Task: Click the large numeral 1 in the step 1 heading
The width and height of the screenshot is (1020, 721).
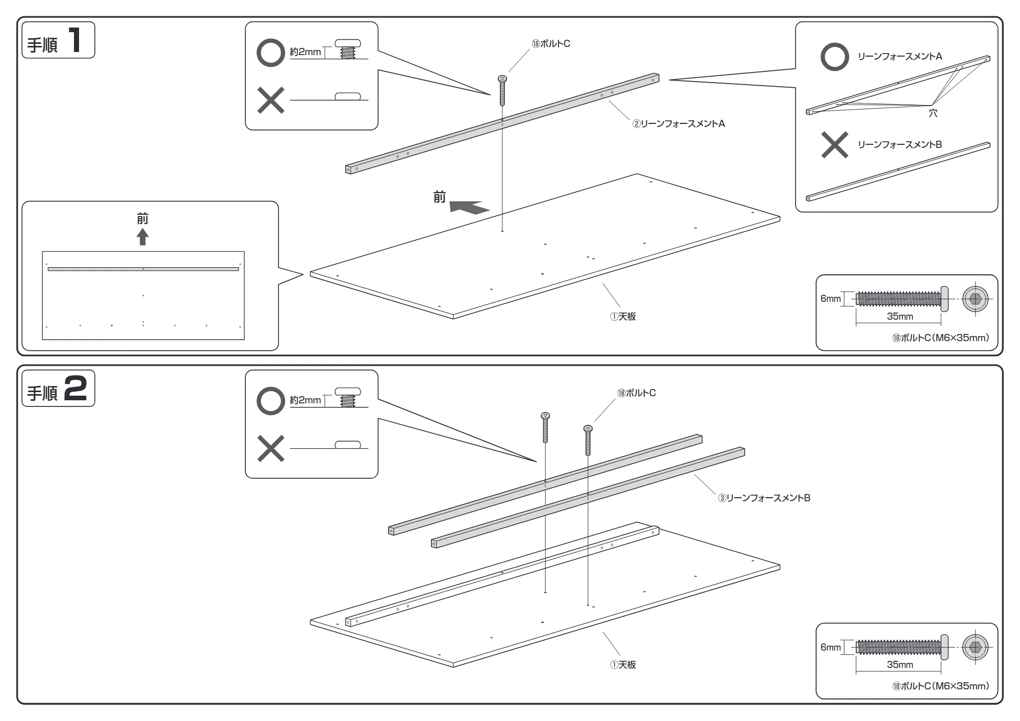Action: click(75, 40)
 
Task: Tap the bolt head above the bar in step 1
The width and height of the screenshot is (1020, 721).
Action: click(502, 79)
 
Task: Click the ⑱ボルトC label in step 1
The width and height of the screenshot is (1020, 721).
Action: click(551, 44)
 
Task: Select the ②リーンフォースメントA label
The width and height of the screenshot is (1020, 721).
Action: click(679, 124)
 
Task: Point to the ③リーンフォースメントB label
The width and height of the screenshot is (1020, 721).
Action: click(764, 498)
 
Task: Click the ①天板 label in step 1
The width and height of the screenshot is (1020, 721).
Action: click(623, 317)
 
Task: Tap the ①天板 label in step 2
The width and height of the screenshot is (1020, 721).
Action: click(623, 665)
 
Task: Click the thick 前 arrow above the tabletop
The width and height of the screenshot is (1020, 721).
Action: click(469, 207)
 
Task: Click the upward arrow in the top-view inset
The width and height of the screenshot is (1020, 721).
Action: click(143, 237)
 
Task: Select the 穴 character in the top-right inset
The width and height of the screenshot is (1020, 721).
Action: click(933, 113)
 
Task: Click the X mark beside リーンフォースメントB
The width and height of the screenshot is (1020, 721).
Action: click(834, 145)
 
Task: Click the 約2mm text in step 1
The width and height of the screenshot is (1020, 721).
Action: click(305, 52)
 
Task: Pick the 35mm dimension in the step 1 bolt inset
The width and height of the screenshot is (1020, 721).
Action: click(900, 317)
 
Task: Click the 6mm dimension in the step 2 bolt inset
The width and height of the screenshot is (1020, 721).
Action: click(830, 647)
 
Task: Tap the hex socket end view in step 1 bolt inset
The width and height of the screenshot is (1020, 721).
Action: click(975, 299)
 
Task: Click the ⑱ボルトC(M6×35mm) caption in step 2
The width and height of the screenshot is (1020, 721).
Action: click(940, 686)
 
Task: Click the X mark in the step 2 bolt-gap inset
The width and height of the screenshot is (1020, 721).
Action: click(271, 449)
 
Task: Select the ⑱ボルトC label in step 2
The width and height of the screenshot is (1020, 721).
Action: click(636, 393)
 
